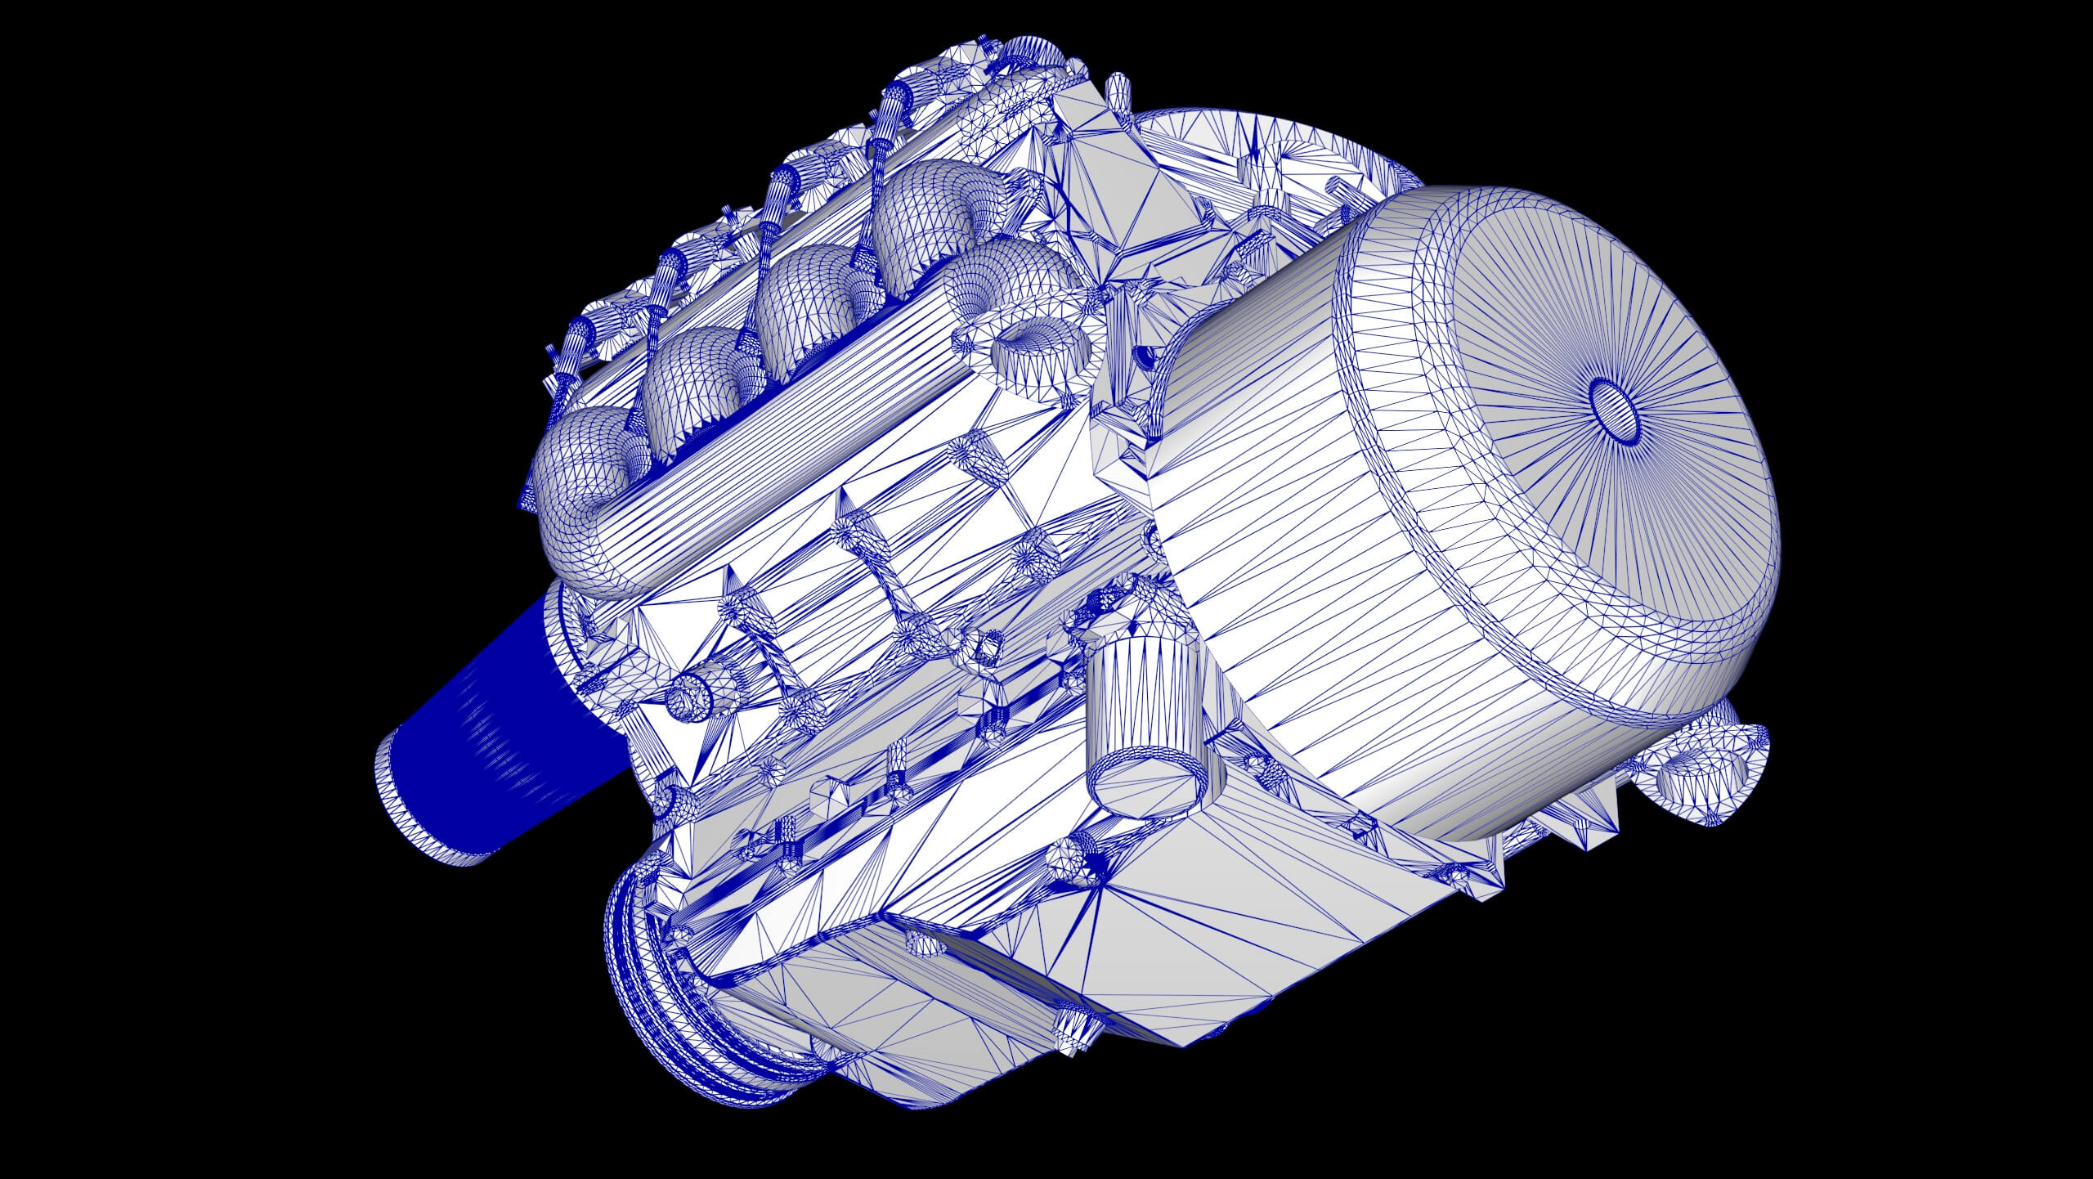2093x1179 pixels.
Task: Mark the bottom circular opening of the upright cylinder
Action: pos(1149,785)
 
